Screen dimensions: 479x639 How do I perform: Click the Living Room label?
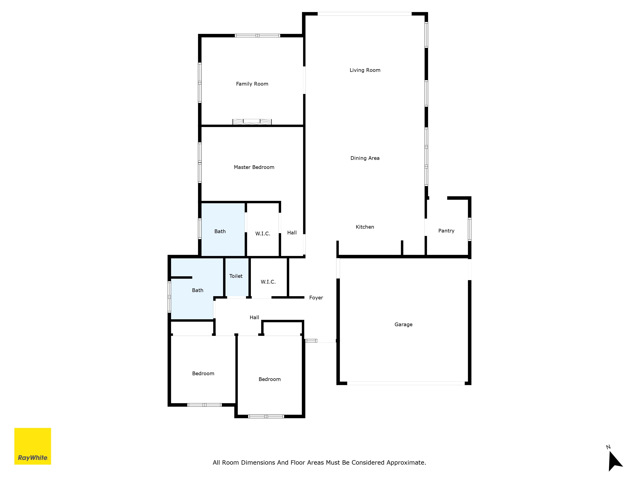(x=365, y=70)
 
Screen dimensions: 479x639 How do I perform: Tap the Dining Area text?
(x=365, y=158)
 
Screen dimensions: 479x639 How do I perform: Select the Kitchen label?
(x=365, y=227)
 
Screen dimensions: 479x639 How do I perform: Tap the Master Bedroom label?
(x=254, y=167)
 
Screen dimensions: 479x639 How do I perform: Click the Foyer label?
(x=316, y=298)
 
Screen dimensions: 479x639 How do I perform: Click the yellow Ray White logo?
(x=33, y=446)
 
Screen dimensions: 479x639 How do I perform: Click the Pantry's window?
(x=470, y=229)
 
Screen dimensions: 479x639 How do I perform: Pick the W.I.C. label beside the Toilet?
(x=268, y=282)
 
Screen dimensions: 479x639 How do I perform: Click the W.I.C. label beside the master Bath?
(x=263, y=234)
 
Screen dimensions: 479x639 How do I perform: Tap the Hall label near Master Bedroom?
(x=292, y=233)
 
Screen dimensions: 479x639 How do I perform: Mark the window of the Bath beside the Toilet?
(x=169, y=297)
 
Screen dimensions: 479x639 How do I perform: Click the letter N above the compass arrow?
(x=608, y=447)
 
